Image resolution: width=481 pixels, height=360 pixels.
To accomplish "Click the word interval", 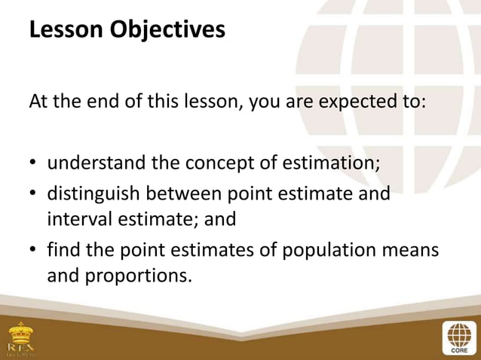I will point(79,219).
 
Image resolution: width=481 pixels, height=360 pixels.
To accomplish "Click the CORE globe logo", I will point(458,337).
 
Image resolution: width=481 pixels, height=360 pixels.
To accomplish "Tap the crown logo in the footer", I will point(20,337).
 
